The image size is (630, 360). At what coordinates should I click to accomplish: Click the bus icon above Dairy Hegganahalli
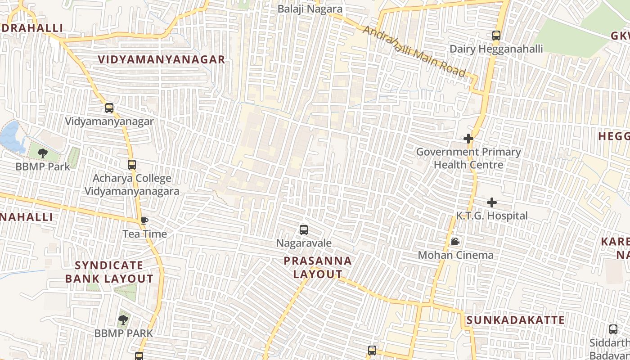pos(496,36)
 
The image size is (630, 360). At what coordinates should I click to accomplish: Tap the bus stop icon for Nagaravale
pos(304,230)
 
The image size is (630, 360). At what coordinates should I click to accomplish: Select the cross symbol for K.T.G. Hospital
pos(492,202)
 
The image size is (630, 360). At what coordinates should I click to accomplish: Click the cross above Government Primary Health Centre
pos(468,139)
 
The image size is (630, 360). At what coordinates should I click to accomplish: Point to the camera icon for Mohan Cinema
pos(455,242)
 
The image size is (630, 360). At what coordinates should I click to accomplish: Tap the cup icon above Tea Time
pos(144,220)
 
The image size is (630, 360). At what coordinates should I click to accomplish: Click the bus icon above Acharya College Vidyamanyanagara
pos(131,165)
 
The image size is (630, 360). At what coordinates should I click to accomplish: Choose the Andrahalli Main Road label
pos(414,51)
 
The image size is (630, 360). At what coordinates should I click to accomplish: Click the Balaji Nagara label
pos(310,9)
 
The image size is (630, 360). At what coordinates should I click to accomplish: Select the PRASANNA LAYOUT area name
pos(318,267)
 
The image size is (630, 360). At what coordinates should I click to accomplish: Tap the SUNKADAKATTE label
pos(515,320)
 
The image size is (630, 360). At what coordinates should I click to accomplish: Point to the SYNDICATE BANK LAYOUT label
pos(109,272)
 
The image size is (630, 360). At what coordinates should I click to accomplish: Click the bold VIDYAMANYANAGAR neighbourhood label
pos(162,59)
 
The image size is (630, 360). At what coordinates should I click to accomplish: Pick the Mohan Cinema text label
pos(455,255)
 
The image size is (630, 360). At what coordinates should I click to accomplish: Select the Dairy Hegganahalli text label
pos(496,49)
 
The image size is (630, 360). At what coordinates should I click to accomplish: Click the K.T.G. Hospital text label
pos(492,216)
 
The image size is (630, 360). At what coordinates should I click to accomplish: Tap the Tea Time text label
pos(145,234)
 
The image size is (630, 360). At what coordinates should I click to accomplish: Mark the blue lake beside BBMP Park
pos(11,136)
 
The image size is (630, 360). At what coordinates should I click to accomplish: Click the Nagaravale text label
pos(304,243)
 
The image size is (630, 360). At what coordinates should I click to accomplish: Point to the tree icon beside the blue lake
pos(43,153)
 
